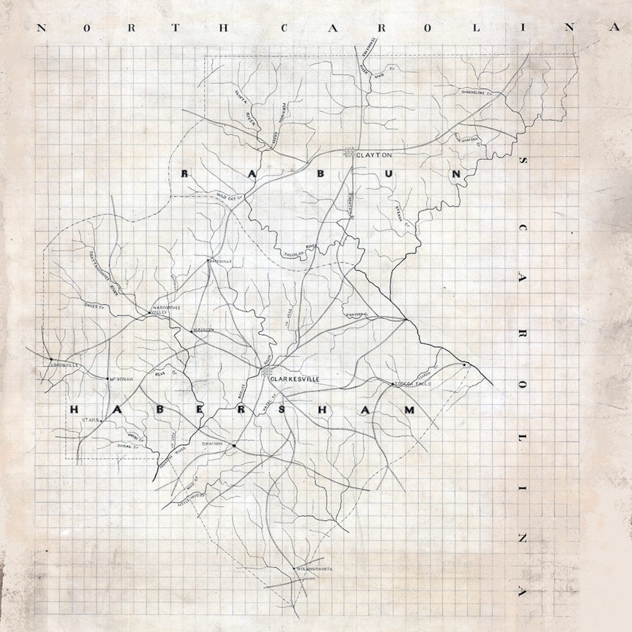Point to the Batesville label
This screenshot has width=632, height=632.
[x=221, y=261]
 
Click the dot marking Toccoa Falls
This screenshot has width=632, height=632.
[x=393, y=384]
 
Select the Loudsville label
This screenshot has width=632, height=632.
[x=64, y=366]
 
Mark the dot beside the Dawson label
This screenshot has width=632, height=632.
[x=234, y=446]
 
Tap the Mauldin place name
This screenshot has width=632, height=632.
[x=203, y=330]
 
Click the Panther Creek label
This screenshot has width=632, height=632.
[x=356, y=315]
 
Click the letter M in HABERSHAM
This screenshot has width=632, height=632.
[x=409, y=410]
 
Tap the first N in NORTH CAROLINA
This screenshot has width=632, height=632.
[x=42, y=28]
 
